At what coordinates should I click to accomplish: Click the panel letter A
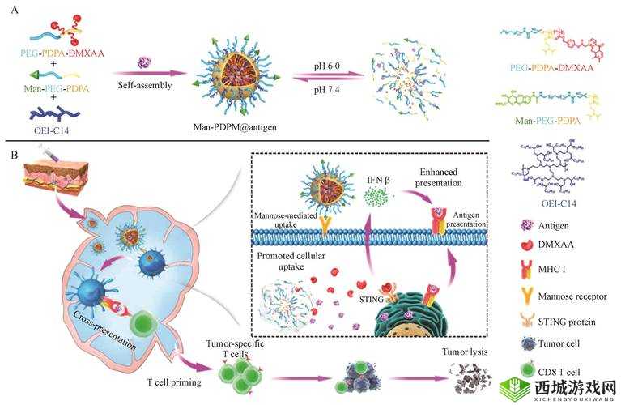point(15,10)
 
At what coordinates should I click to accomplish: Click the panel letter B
point(15,155)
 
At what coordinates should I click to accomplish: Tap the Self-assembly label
point(145,85)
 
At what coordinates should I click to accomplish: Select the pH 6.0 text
point(327,66)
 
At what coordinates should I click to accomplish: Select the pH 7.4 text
point(327,90)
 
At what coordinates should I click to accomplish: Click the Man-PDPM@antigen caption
point(235,127)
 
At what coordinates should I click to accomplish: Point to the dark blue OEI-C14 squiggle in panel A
point(55,113)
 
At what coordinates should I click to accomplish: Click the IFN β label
point(379,180)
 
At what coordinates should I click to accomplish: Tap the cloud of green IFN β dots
point(377,197)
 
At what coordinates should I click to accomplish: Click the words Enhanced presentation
point(438,177)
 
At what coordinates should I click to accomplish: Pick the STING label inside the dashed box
point(371,300)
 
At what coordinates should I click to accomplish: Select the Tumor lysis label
point(465,352)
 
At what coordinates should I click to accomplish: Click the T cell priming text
point(174,382)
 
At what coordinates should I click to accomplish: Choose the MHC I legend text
point(551,270)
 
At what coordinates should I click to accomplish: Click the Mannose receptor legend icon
point(527,296)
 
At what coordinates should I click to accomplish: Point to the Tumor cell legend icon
point(529,344)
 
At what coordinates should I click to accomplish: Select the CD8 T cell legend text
point(559,372)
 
